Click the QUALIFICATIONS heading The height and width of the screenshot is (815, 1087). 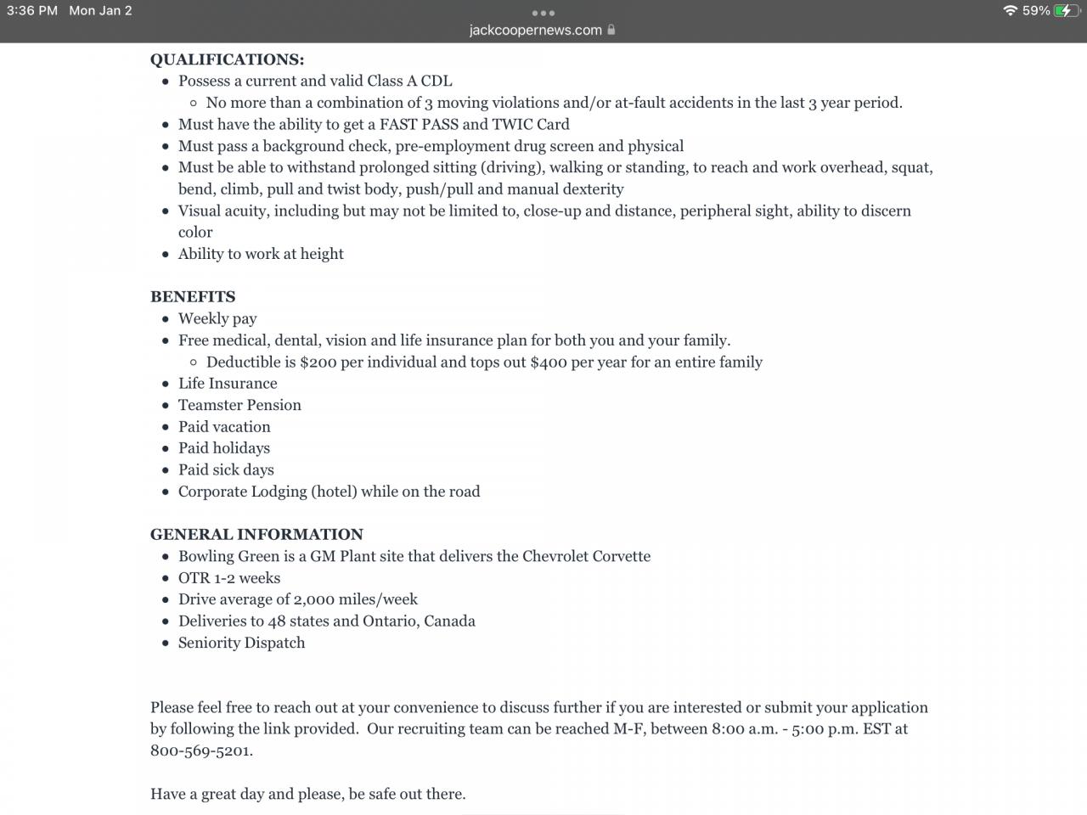click(x=227, y=59)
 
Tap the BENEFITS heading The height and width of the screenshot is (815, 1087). click(x=193, y=297)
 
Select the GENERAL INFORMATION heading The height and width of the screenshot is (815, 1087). click(x=256, y=535)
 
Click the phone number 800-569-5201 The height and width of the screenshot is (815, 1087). click(x=200, y=750)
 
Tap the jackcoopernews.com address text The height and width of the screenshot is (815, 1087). click(x=535, y=30)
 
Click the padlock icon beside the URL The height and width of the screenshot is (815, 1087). click(x=611, y=30)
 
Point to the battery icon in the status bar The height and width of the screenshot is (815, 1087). click(x=1067, y=11)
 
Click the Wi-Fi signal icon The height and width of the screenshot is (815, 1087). click(x=1010, y=11)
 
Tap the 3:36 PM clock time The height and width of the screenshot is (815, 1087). click(x=32, y=11)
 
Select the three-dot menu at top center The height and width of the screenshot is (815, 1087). click(x=543, y=13)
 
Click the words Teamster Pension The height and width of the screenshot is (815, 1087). click(x=239, y=405)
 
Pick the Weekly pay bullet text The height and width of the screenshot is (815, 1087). click(x=217, y=318)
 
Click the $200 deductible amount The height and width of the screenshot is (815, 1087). click(x=318, y=362)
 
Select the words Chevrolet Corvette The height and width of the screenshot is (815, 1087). click(x=586, y=556)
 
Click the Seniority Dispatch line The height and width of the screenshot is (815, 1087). click(x=241, y=643)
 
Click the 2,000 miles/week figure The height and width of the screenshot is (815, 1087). click(x=355, y=599)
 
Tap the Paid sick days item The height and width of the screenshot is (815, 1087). click(x=226, y=469)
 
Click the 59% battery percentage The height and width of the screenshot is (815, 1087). click(x=1036, y=11)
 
